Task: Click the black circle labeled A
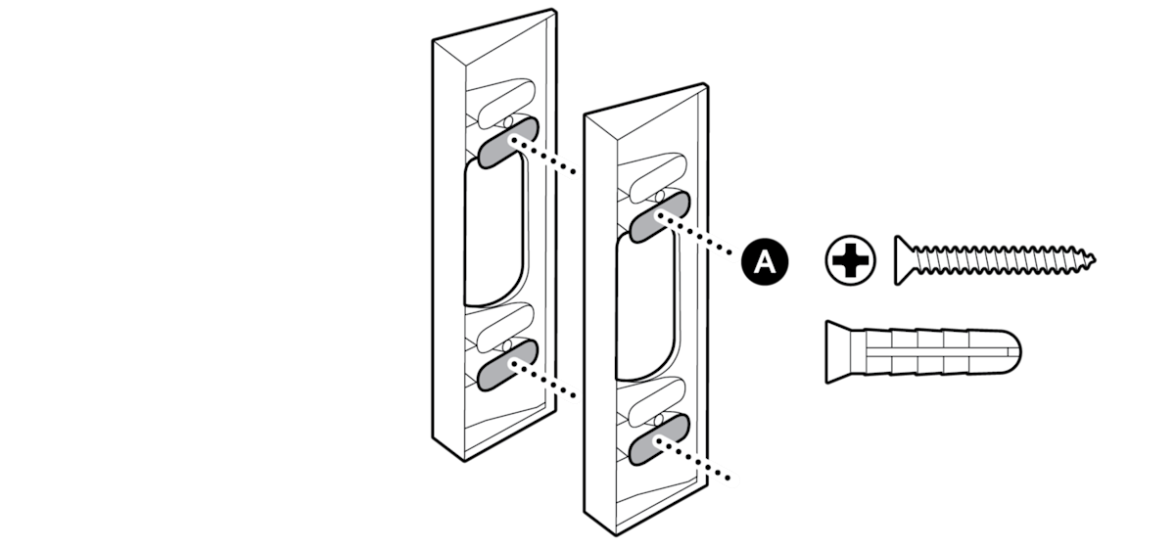click(x=765, y=261)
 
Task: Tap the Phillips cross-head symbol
click(x=850, y=260)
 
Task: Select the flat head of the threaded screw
click(x=905, y=260)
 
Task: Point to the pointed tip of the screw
click(x=1095, y=258)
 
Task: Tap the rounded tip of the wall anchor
click(x=1013, y=352)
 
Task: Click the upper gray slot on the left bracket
click(x=508, y=143)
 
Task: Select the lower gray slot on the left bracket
click(x=508, y=365)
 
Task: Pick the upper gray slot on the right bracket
click(x=659, y=217)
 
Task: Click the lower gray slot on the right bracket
click(x=659, y=439)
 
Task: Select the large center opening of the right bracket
click(x=645, y=305)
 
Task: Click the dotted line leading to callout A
click(x=695, y=235)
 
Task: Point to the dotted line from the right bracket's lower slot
click(x=692, y=460)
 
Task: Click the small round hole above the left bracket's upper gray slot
click(x=507, y=122)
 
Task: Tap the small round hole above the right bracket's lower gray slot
click(x=659, y=420)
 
